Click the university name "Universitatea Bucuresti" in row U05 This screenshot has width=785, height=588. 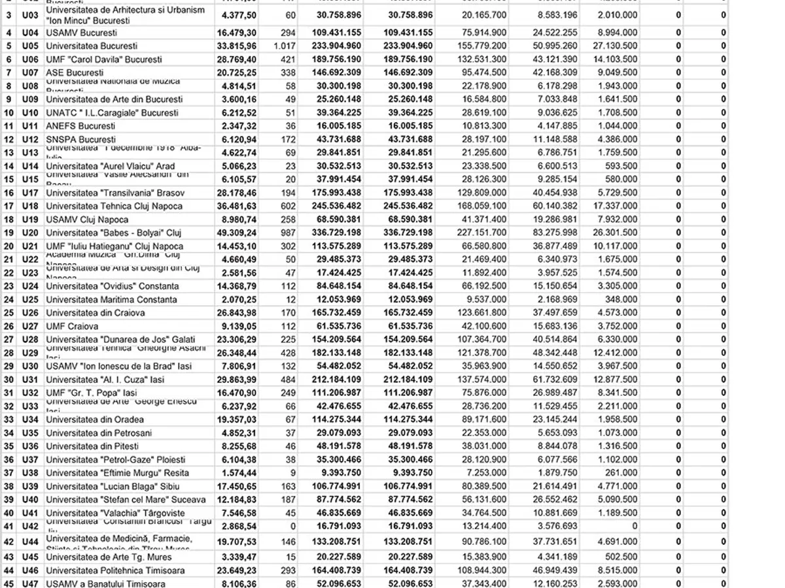[92, 46]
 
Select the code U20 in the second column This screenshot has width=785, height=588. [30, 233]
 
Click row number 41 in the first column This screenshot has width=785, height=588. [9, 526]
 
